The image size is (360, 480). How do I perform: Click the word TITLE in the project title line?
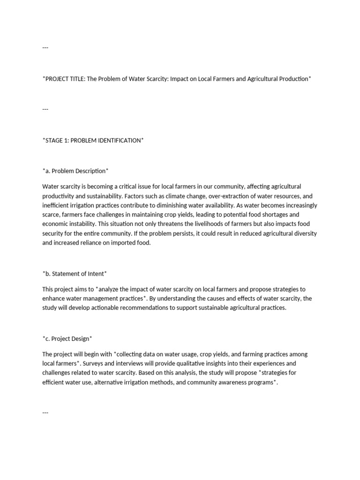click(78, 79)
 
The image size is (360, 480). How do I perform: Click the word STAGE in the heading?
click(54, 140)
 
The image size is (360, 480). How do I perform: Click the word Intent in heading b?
click(96, 273)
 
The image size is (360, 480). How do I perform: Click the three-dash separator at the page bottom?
click(45, 412)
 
